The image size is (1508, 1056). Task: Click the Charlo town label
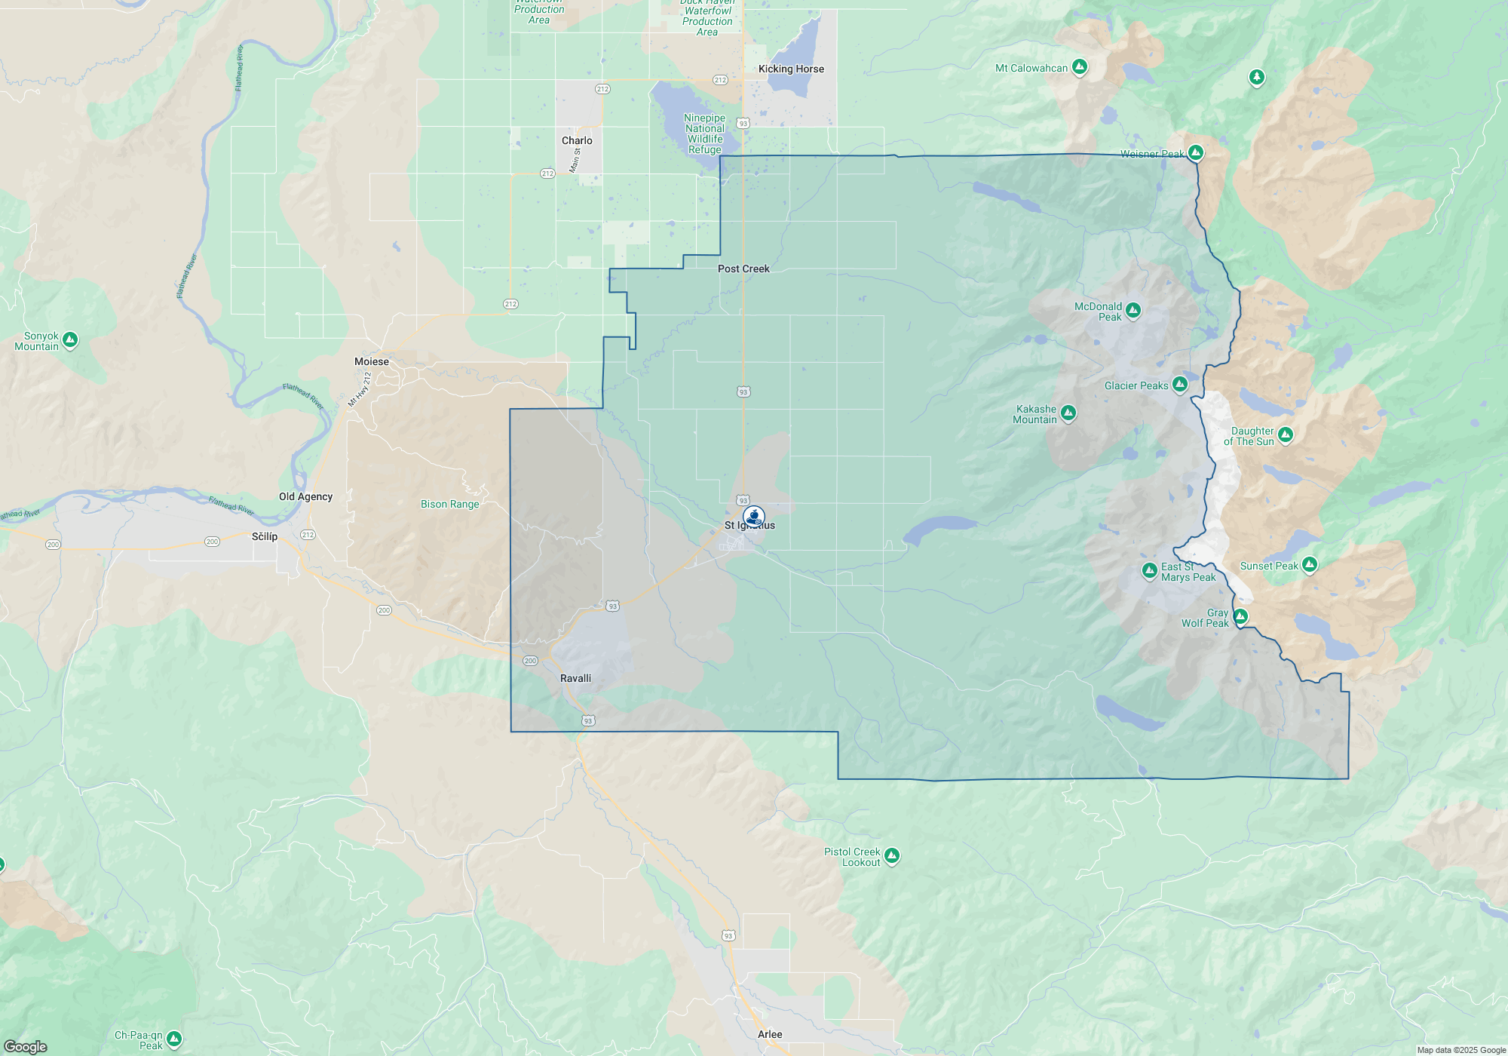[577, 140]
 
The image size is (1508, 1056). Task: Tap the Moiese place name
[372, 361]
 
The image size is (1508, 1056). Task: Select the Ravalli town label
[575, 678]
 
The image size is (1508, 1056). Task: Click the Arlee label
[770, 1034]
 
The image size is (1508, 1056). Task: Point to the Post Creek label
[743, 269]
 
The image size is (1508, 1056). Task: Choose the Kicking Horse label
[791, 69]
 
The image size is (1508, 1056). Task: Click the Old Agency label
[305, 496]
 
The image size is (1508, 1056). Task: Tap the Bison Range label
[449, 504]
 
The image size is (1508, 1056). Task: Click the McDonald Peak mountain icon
[1133, 311]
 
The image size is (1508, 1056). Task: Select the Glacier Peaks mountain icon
[1180, 385]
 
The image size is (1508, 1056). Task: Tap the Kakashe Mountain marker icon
[1068, 413]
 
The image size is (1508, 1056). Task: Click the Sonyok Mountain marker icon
[70, 340]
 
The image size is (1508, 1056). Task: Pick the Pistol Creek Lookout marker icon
[892, 855]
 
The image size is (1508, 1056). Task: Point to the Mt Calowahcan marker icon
[1080, 67]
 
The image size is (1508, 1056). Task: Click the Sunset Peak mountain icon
[1310, 564]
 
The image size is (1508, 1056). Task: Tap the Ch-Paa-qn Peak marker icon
[174, 1039]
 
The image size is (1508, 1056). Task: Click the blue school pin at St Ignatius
[754, 517]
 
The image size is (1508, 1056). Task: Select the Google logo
[26, 1047]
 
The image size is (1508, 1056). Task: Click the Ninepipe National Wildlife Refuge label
[704, 134]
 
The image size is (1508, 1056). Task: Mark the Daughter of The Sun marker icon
[1286, 435]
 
